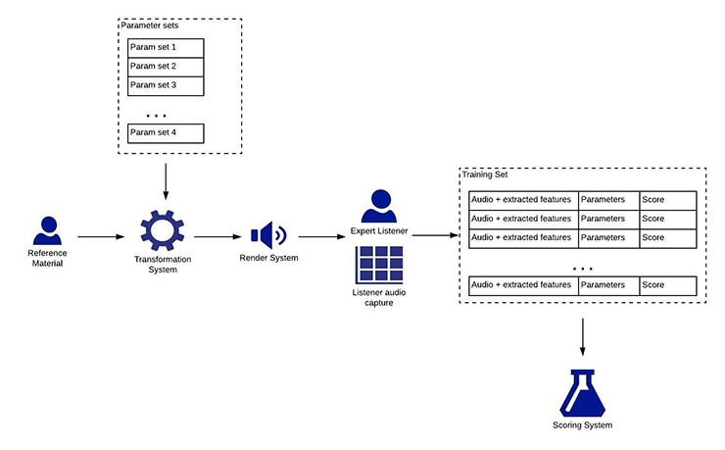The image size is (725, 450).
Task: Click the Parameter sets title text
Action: [150, 25]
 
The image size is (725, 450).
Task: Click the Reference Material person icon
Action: [47, 230]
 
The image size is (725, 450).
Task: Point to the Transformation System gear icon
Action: [164, 230]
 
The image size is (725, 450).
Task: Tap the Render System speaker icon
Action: [267, 235]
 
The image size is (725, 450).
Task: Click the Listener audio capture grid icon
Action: [379, 265]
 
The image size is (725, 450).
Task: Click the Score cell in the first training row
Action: [667, 200]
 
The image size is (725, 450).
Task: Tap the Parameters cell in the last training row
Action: [608, 285]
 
